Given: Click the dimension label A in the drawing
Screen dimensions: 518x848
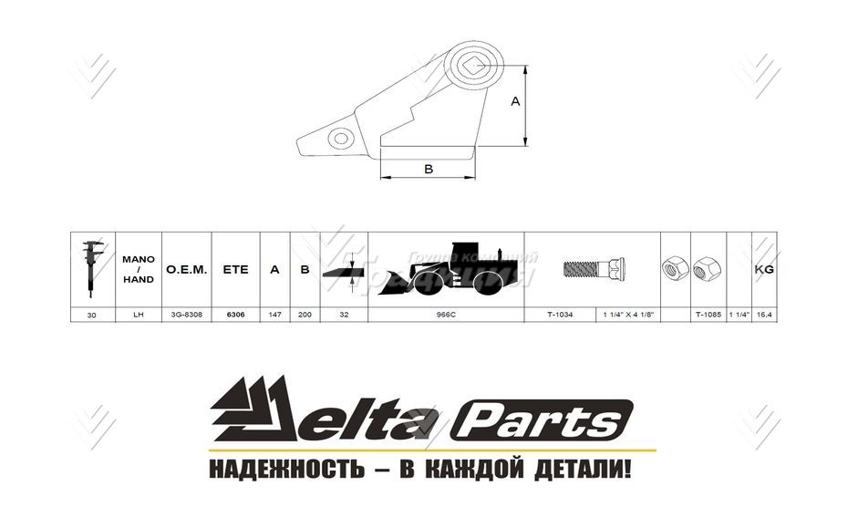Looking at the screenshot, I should (x=514, y=103).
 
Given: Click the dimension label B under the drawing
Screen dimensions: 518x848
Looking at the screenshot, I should (x=429, y=169).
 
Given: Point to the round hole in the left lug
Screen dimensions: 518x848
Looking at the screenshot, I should (x=341, y=140).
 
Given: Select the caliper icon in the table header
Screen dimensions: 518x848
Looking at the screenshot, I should (x=91, y=270).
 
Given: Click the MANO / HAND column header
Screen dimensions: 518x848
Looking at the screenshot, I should (x=139, y=269).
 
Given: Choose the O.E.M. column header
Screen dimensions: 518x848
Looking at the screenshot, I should (x=187, y=270).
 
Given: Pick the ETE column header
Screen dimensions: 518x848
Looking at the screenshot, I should (x=235, y=270).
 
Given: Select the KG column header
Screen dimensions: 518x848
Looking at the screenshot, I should (x=764, y=270).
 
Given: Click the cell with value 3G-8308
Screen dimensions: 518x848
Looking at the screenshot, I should (x=187, y=314).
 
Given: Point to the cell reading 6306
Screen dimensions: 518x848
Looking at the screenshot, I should (x=235, y=314).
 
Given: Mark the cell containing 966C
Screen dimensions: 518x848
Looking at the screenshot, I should (x=447, y=314).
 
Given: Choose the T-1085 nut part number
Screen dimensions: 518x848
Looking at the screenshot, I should (x=708, y=314).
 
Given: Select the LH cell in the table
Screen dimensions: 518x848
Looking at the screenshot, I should (x=139, y=314).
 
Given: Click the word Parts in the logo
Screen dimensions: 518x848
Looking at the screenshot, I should (x=545, y=422).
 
